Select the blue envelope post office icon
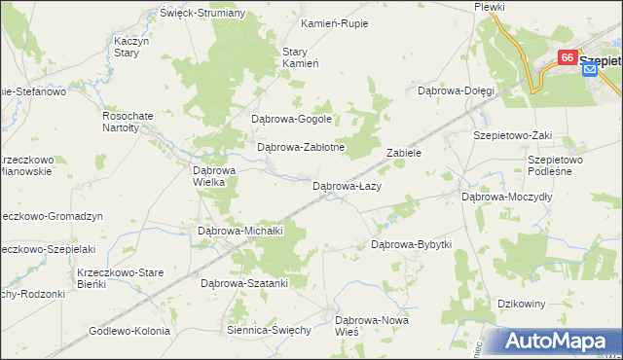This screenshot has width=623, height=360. [589, 72]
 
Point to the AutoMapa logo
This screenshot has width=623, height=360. [559, 342]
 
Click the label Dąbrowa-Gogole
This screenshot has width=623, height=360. [292, 120]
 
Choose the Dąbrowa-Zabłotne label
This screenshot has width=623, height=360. [301, 148]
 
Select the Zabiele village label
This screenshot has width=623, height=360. [403, 153]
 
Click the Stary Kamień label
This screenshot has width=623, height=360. [301, 57]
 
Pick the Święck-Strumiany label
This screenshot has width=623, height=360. [203, 14]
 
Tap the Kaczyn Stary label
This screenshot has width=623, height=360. [130, 48]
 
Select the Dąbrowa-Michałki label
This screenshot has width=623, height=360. [239, 231]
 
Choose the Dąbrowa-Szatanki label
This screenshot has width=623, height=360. [244, 283]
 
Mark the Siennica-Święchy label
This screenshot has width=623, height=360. [269, 330]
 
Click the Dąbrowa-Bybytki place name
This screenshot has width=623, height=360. [412, 244]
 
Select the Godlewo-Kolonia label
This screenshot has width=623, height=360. [129, 330]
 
